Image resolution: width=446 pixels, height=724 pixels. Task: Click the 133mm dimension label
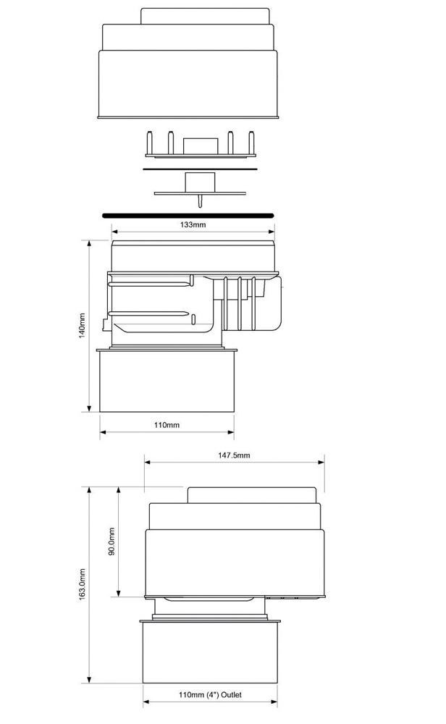coord(193,225)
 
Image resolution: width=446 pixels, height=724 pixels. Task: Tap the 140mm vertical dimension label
coord(83,326)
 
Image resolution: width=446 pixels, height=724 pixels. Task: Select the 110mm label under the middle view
coord(167,425)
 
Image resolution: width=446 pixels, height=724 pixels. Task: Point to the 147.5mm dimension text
coord(234,455)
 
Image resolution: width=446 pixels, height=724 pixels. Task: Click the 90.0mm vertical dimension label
coord(111,541)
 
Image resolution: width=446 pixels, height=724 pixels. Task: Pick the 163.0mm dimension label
coord(83,584)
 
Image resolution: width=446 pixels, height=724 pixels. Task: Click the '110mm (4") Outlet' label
coord(210,694)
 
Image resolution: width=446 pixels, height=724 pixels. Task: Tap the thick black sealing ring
coord(188,215)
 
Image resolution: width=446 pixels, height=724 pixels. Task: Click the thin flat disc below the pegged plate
coord(200,169)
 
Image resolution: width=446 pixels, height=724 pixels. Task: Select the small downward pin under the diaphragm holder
coord(199,202)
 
